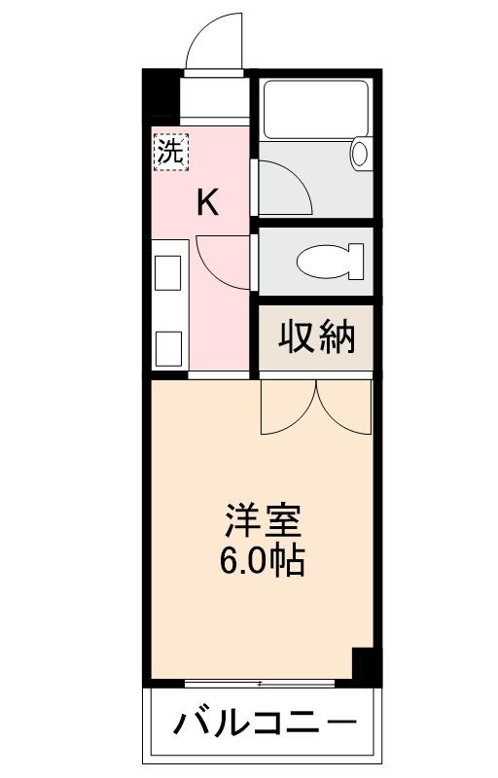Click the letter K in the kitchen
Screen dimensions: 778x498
click(x=207, y=202)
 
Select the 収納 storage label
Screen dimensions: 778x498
click(x=318, y=337)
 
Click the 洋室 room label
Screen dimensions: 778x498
click(x=262, y=523)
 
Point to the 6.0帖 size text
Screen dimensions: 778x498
click(x=262, y=561)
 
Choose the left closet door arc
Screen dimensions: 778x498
click(x=290, y=408)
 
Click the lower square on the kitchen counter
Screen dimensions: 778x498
click(x=170, y=345)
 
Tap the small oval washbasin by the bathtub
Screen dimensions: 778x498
click(x=359, y=154)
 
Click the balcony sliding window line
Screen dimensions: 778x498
click(x=260, y=684)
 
